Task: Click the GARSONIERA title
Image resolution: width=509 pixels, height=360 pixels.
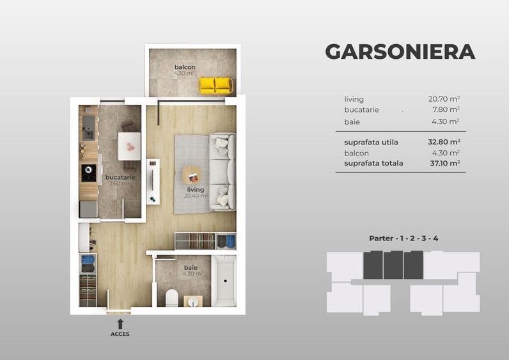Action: pyautogui.click(x=400, y=52)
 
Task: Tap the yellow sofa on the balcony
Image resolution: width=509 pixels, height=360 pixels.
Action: pyautogui.click(x=215, y=84)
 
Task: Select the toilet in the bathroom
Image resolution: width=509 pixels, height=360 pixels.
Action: pyautogui.click(x=171, y=298)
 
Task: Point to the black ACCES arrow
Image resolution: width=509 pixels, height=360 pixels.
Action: pyautogui.click(x=120, y=324)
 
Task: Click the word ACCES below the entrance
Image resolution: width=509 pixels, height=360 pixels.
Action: pyautogui.click(x=120, y=334)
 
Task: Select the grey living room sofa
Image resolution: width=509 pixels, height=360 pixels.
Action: pyautogui.click(x=223, y=170)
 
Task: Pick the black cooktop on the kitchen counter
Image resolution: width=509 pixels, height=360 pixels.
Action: pyautogui.click(x=88, y=173)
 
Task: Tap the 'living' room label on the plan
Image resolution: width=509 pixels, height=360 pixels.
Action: pyautogui.click(x=196, y=190)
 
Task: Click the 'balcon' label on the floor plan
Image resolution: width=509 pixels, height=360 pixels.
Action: pyautogui.click(x=185, y=67)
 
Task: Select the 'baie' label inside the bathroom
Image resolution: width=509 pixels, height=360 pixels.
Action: pyautogui.click(x=191, y=267)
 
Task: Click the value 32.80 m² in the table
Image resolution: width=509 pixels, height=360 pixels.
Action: pyautogui.click(x=444, y=143)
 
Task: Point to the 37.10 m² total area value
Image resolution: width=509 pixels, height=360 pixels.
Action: pyautogui.click(x=444, y=163)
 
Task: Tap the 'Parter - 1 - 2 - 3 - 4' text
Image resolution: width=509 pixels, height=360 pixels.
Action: pyautogui.click(x=403, y=239)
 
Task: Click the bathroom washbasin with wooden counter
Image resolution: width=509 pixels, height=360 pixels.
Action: pyautogui.click(x=191, y=301)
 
